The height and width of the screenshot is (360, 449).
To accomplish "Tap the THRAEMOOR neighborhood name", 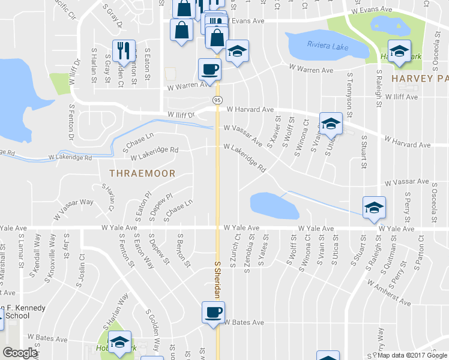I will (142, 173).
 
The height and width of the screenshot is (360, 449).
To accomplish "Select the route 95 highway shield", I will (217, 99).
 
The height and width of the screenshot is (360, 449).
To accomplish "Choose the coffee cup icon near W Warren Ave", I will (209, 70).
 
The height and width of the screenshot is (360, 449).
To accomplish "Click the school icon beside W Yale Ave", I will (374, 208).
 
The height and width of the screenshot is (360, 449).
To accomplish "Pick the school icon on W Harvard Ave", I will (329, 124).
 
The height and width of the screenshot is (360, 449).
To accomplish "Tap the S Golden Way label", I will (152, 330).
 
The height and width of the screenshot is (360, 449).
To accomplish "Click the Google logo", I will (20, 353).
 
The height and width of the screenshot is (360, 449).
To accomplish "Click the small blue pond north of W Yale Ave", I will (274, 205).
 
